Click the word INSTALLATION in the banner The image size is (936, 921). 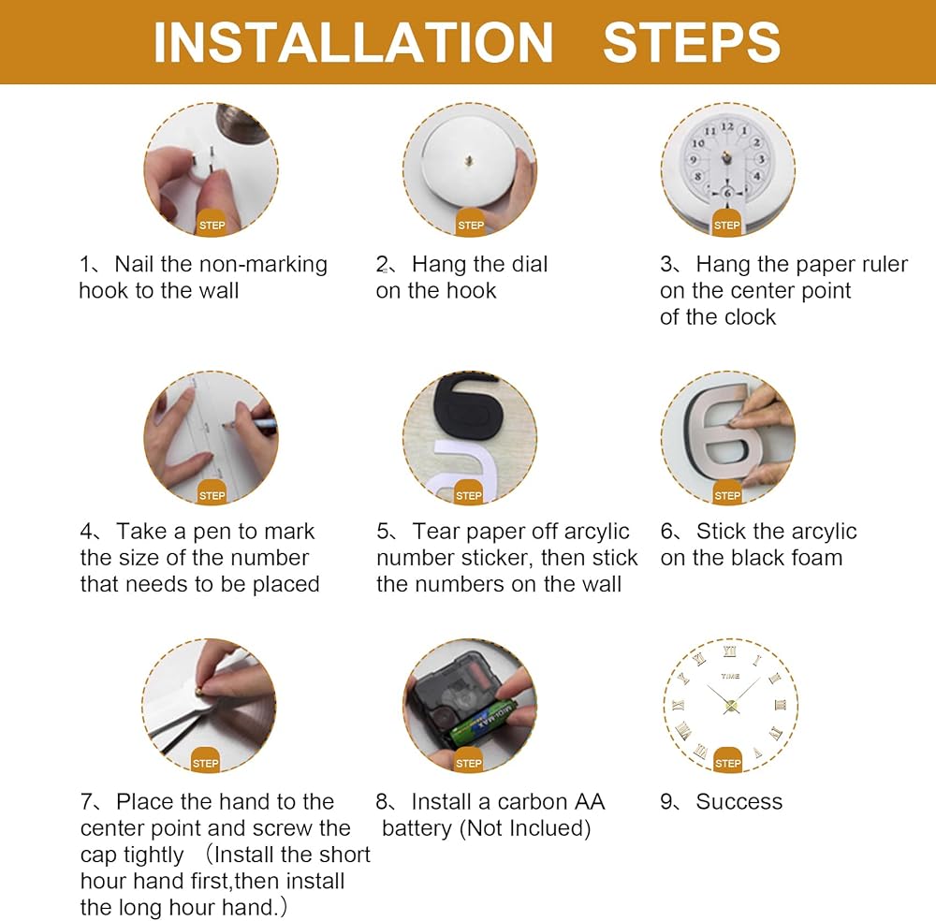(354, 42)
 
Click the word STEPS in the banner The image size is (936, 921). (692, 42)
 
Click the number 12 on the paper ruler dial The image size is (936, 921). (726, 126)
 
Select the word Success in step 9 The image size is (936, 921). (739, 801)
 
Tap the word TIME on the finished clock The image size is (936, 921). (730, 677)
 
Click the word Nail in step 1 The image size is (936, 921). (134, 265)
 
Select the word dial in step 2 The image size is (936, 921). (530, 265)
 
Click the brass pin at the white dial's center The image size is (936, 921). (469, 161)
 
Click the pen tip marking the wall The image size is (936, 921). (226, 426)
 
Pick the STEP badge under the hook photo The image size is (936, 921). (212, 224)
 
